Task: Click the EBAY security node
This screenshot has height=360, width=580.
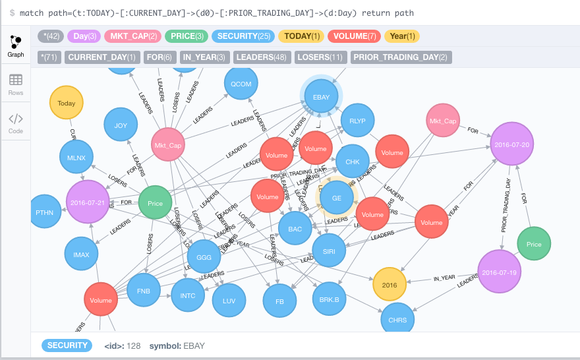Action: coord(321,97)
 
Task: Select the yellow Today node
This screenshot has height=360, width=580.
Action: coord(67,104)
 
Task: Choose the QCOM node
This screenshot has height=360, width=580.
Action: coord(241,84)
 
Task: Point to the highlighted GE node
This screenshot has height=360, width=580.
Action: coord(337,198)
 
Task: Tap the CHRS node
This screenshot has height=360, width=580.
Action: coord(397,320)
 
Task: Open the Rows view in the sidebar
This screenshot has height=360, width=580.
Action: coord(15,84)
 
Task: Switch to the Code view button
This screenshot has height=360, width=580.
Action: coord(15,123)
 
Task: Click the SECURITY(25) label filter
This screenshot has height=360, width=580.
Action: coord(243,36)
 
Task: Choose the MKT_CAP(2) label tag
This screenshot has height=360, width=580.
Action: coord(133,36)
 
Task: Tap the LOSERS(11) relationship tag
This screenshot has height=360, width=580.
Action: coord(320,57)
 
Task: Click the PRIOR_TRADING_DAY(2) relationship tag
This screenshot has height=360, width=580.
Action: coord(401,57)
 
